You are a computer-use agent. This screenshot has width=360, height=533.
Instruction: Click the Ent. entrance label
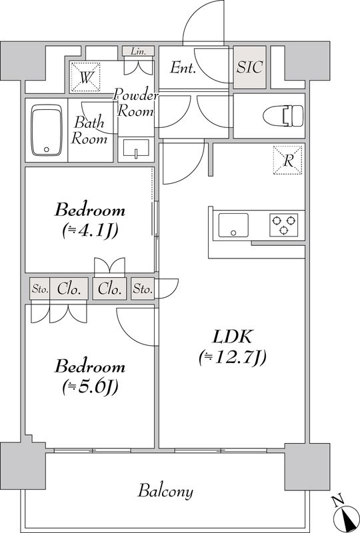[183, 67]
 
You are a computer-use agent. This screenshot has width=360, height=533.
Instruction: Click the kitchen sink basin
[233, 225]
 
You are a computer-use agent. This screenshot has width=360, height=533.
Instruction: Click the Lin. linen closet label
[138, 51]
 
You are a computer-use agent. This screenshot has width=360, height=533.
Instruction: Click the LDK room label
[232, 336]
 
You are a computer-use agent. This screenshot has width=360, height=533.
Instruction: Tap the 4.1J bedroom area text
[89, 231]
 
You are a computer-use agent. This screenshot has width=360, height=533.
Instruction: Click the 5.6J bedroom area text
[89, 386]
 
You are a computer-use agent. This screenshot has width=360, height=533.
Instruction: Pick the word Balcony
[166, 492]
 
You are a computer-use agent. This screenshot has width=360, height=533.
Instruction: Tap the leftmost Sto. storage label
[39, 289]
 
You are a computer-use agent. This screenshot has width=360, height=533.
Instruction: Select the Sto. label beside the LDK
[143, 289]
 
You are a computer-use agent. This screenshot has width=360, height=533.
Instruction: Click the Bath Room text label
[89, 131]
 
